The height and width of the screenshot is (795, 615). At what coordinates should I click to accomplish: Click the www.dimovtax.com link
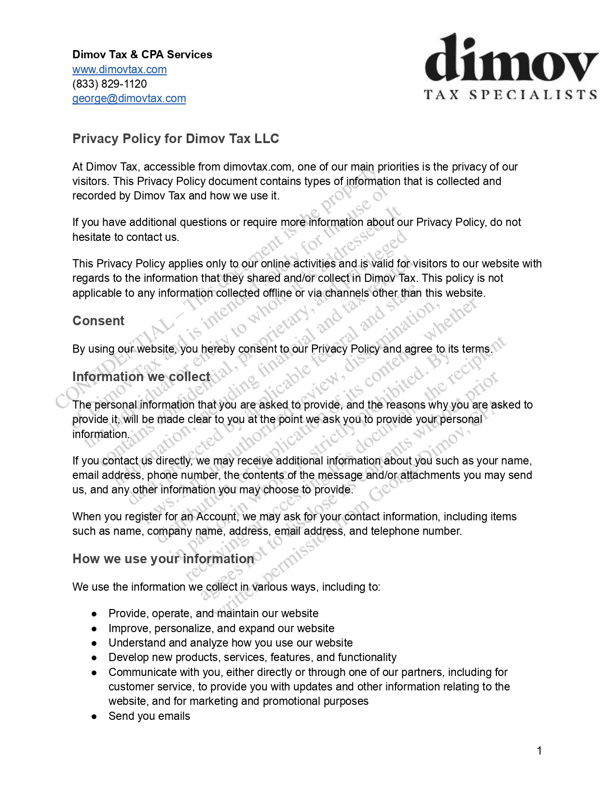[x=119, y=69]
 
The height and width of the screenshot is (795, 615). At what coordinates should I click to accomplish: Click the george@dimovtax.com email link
[x=129, y=98]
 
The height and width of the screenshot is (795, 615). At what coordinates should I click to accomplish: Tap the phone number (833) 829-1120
[x=109, y=84]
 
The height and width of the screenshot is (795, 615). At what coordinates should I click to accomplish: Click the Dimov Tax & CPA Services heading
[x=142, y=54]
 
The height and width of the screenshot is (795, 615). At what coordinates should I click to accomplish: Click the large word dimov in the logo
[x=511, y=60]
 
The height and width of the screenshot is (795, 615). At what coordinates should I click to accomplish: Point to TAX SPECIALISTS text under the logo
[x=511, y=94]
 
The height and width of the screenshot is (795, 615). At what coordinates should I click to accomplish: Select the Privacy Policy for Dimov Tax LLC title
[x=176, y=139]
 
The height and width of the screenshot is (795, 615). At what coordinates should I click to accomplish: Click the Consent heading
[x=98, y=321]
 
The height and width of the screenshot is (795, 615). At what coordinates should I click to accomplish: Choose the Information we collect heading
[x=141, y=377]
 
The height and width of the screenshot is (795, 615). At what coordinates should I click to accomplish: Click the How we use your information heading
[x=163, y=559]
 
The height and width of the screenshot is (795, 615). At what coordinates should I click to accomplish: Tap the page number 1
[x=539, y=751]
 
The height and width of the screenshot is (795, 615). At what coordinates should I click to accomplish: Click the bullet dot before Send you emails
[x=95, y=717]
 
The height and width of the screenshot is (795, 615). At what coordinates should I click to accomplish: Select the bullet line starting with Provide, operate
[x=213, y=613]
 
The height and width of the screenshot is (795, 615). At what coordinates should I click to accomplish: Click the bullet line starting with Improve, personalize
[x=221, y=628]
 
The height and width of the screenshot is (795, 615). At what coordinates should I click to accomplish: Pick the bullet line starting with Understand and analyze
[x=230, y=643]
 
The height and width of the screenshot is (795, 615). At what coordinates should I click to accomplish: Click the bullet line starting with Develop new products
[x=252, y=657]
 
